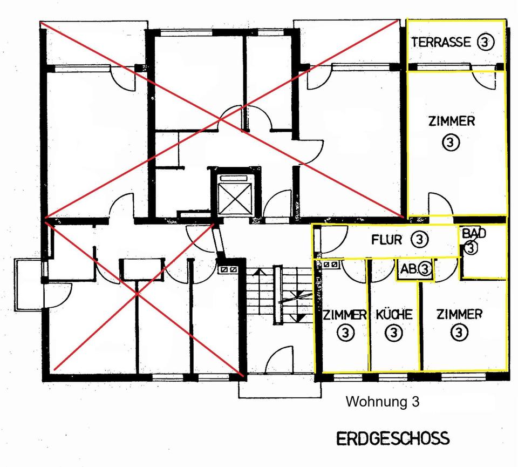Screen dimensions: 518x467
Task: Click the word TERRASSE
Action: click(441, 42)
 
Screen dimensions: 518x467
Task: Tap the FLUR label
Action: click(386, 240)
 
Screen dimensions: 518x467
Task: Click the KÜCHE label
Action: click(394, 315)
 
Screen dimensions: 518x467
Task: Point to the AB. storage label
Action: click(408, 269)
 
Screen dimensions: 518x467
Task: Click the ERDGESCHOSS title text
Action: click(393, 438)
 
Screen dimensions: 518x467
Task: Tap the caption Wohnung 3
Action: click(382, 402)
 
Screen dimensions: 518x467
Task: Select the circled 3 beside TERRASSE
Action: click(485, 42)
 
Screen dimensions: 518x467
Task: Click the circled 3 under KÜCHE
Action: click(394, 333)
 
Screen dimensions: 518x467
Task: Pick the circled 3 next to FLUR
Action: click(420, 239)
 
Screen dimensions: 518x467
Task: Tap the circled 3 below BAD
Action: click(471, 248)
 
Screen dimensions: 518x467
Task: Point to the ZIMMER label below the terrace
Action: click(451, 121)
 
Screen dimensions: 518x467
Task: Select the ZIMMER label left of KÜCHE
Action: click(345, 315)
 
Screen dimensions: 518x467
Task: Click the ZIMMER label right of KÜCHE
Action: click(459, 314)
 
